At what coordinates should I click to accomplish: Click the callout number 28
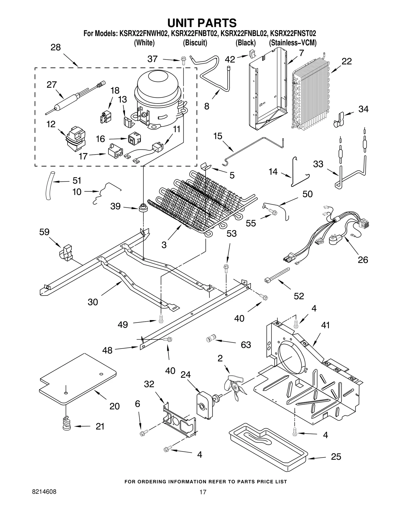[x=55, y=47]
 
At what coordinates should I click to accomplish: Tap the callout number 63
[x=246, y=345]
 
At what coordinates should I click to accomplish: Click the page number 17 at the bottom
[x=203, y=499]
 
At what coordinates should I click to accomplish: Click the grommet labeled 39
[x=143, y=208]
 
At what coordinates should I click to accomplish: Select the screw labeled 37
[x=183, y=61]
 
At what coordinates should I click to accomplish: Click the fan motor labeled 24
[x=205, y=406]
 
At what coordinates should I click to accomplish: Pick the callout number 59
[x=44, y=232]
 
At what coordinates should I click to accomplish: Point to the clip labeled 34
[x=339, y=120]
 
